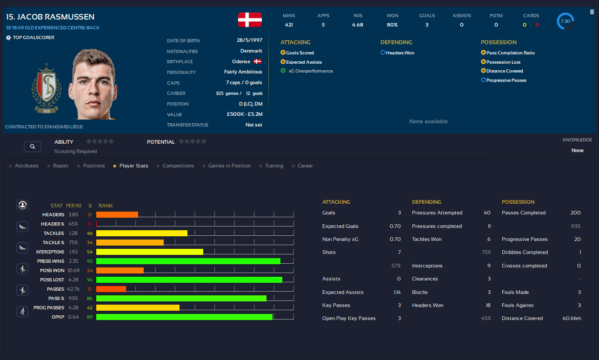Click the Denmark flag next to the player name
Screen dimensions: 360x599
pyautogui.click(x=250, y=20)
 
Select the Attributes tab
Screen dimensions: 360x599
pyautogui.click(x=27, y=166)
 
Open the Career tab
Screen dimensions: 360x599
pyautogui.click(x=305, y=166)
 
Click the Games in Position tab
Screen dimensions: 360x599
pyautogui.click(x=229, y=166)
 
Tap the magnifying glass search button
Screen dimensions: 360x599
pyautogui.click(x=33, y=147)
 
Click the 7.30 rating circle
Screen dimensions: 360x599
pyautogui.click(x=565, y=21)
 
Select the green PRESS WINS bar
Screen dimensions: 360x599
pyautogui.click(x=188, y=261)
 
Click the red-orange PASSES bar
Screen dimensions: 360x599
pyautogui.click(x=111, y=289)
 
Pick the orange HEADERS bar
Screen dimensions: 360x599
pyautogui.click(x=117, y=214)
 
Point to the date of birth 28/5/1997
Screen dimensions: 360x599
pyautogui.click(x=249, y=41)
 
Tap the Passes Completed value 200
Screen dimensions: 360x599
pyautogui.click(x=575, y=213)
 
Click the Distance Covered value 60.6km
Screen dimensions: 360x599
pyautogui.click(x=572, y=318)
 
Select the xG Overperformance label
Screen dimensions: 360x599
pyautogui.click(x=310, y=71)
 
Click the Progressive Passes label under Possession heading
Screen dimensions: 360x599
pyautogui.click(x=506, y=80)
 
